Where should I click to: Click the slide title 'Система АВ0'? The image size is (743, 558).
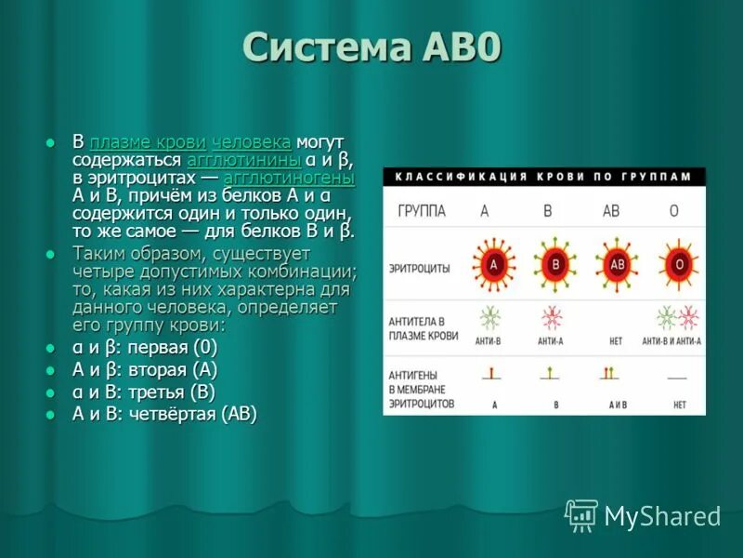371,49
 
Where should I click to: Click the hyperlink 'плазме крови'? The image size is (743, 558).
148,142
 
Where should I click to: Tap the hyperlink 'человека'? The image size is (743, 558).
252,142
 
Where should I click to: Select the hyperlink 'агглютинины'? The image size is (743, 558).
243,160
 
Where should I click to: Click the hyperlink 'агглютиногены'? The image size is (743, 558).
289,178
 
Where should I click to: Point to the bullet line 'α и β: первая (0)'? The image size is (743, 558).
145,348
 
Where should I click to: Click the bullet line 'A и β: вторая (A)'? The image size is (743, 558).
145,369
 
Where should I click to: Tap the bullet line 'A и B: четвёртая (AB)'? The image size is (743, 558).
164,414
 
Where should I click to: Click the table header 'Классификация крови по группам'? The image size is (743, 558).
543,176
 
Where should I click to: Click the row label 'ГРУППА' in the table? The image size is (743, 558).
422,211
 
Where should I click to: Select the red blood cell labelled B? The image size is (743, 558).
555,264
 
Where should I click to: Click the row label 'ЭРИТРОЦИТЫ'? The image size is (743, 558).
419,268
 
